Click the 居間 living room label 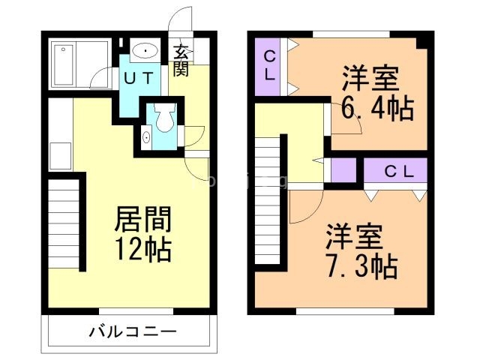click(x=142, y=220)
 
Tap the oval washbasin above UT click(x=143, y=51)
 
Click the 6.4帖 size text click(x=377, y=109)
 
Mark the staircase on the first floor click(x=65, y=225)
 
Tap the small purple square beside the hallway click(x=343, y=172)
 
